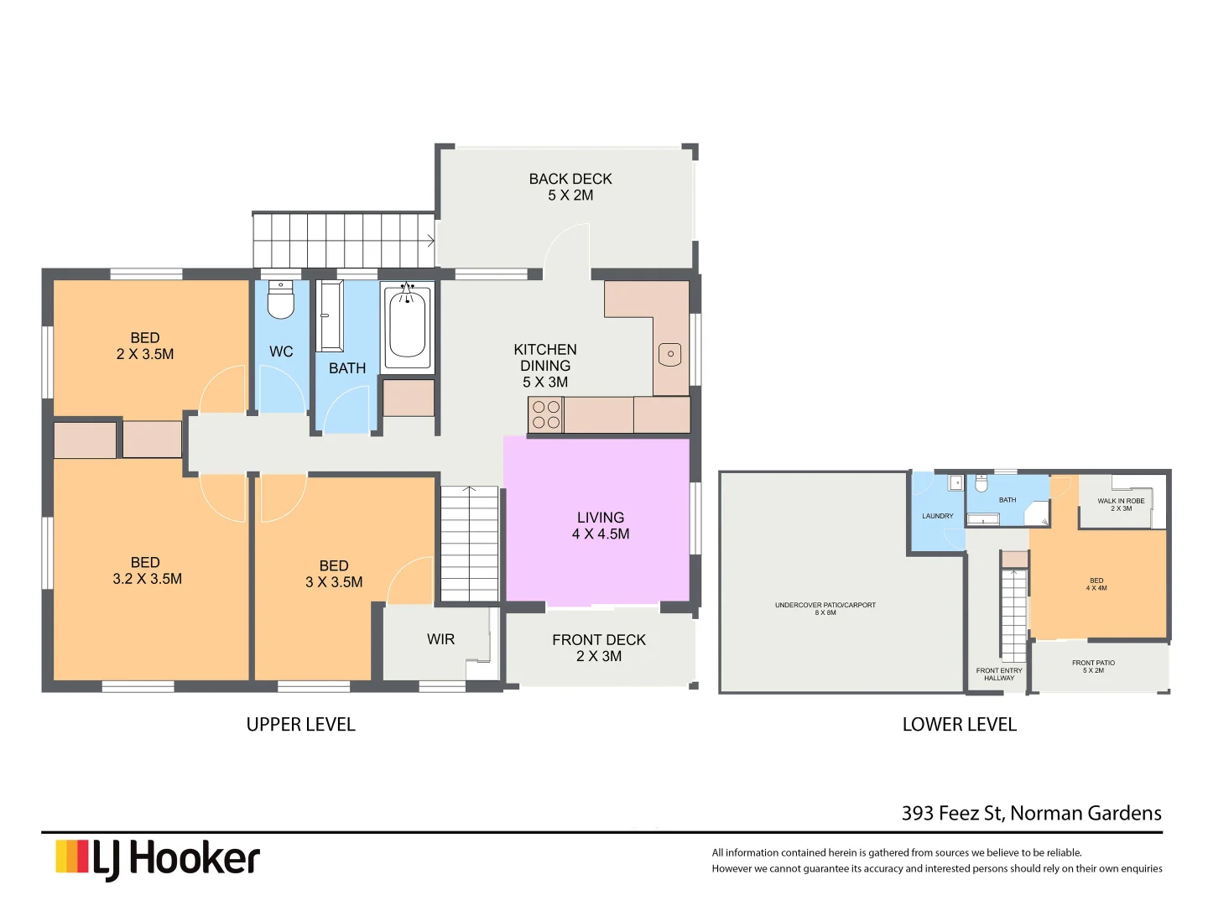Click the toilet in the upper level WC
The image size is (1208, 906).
[x=280, y=300]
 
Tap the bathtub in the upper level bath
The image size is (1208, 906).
[x=407, y=325]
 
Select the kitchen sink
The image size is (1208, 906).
[x=670, y=354]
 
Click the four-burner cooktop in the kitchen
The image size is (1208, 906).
[x=546, y=414]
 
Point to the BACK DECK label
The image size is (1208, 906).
[x=570, y=186]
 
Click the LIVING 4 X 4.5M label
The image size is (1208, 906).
[x=601, y=526]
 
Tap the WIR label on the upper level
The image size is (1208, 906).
[x=440, y=639]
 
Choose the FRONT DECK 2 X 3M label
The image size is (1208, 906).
[x=599, y=648]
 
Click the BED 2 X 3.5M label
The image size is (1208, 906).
[x=145, y=346]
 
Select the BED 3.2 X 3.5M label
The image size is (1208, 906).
[x=147, y=570]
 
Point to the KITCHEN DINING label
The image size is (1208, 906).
[x=545, y=366]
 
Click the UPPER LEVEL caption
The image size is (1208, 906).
[x=300, y=725]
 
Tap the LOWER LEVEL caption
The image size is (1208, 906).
[x=959, y=725]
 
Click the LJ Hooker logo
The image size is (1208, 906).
[x=158, y=858]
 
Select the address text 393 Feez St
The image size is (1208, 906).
[x=1031, y=813]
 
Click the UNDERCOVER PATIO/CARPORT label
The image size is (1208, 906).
[x=825, y=608]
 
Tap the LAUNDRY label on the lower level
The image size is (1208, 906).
[x=937, y=516]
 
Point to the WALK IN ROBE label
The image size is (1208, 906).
[x=1121, y=504]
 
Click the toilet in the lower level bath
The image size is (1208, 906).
[x=981, y=485]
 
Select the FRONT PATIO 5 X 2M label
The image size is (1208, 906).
[x=1093, y=666]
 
